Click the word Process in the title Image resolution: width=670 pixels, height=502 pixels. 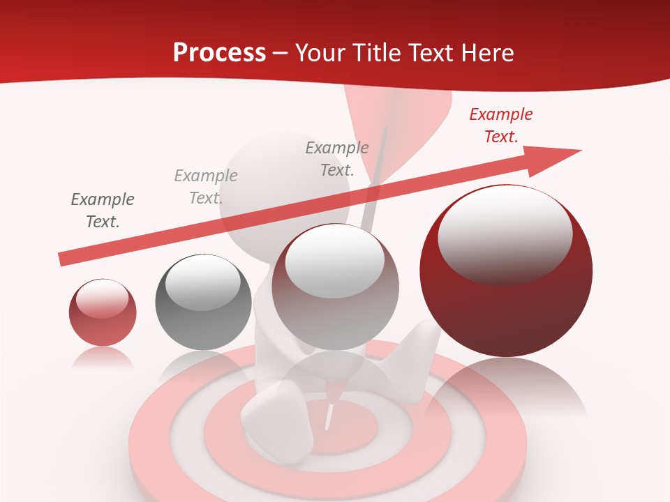tap(219, 52)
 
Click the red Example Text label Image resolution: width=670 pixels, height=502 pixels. tap(500, 125)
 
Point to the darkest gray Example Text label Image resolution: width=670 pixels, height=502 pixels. tap(103, 210)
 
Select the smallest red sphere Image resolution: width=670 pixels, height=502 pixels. tap(103, 312)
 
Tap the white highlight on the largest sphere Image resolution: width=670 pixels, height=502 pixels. tap(505, 234)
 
